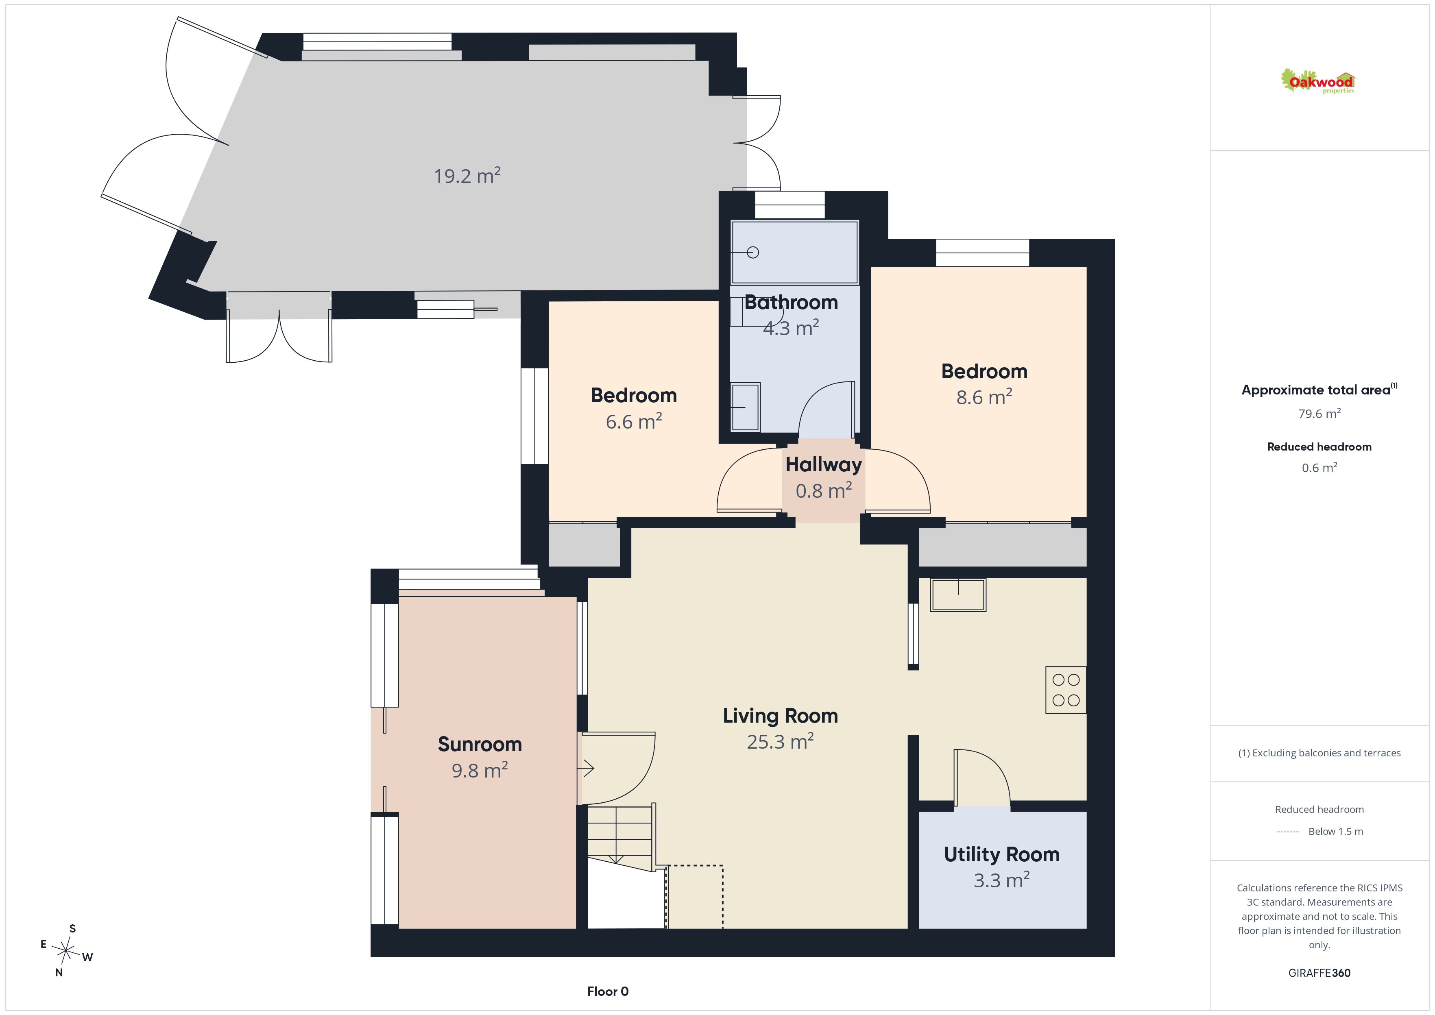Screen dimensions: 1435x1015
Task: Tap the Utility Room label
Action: click(1001, 854)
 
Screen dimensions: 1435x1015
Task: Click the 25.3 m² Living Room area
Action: click(780, 741)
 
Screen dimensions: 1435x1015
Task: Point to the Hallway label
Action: click(823, 464)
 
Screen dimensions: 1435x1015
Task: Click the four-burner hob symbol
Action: click(1066, 690)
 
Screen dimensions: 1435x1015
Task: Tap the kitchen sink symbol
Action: click(958, 595)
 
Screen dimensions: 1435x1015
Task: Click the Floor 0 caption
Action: click(608, 991)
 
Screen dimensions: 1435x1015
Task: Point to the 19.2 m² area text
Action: click(467, 176)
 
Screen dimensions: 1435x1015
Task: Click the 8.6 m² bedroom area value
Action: click(984, 397)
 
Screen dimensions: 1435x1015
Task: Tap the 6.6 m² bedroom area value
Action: click(633, 421)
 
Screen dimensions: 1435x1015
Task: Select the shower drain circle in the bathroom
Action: click(753, 253)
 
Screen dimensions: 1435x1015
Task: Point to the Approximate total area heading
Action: click(1319, 390)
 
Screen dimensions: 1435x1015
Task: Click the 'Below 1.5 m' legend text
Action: click(1336, 831)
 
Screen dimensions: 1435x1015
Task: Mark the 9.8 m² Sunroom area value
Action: click(480, 770)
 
